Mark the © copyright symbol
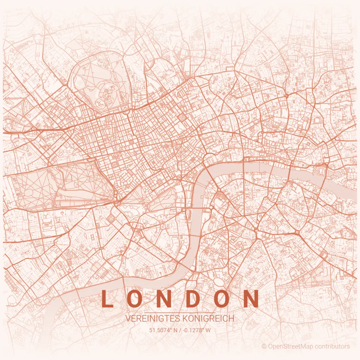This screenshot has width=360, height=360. (x=264, y=346)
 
